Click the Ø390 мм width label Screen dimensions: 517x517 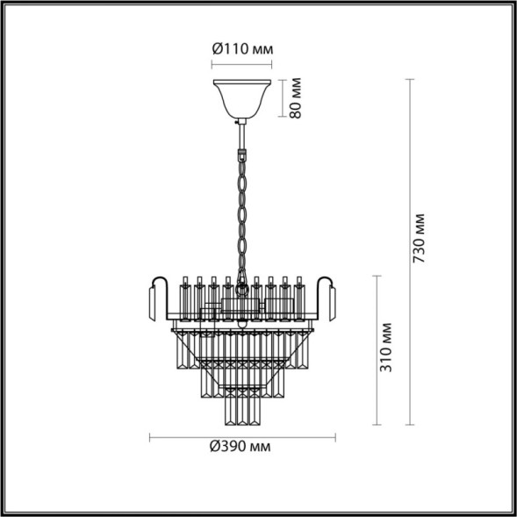tap(240, 448)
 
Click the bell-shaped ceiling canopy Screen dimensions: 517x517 tap(241, 98)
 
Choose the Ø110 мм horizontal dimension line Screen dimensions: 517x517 tap(241, 64)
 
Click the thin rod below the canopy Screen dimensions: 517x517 tap(240, 132)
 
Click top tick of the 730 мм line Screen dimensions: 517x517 tap(410, 79)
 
